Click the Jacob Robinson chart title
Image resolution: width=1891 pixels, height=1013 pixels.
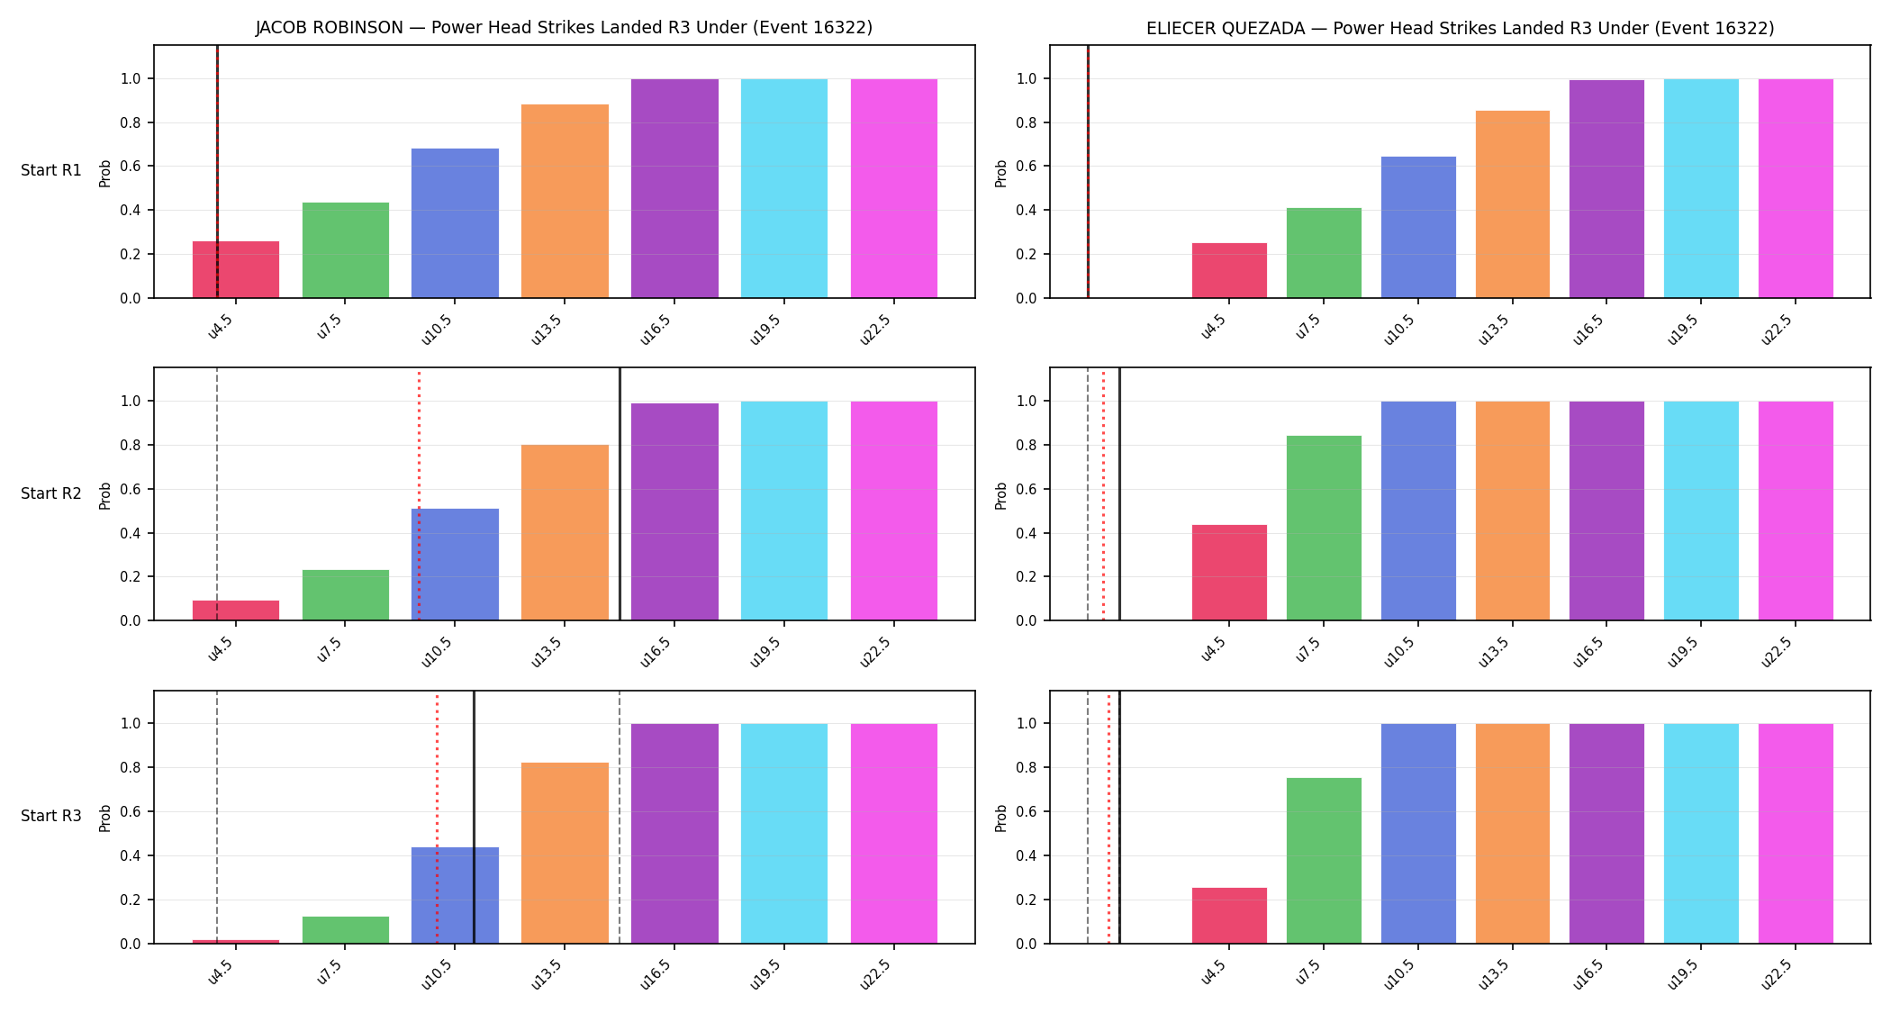point(564,28)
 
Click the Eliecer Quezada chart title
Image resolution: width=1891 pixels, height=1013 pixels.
point(1460,28)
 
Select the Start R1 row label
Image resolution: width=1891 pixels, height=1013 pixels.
point(51,170)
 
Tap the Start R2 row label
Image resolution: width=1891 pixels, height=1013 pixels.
point(51,493)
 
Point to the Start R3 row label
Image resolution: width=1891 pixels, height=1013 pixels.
point(51,816)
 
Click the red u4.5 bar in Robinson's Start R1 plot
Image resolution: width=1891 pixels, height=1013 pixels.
point(236,269)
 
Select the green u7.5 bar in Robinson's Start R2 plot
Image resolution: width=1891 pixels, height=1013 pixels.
point(346,595)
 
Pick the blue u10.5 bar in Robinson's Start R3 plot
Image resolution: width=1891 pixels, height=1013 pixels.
point(455,895)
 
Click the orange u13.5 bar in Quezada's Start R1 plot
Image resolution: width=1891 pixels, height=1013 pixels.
point(1513,204)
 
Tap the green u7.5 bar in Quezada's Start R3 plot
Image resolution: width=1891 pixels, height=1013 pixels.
point(1324,861)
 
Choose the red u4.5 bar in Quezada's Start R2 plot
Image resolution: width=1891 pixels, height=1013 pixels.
point(1229,573)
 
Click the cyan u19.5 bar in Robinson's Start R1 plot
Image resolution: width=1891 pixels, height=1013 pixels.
point(784,188)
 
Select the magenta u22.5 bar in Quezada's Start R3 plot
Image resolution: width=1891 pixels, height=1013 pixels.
point(1796,834)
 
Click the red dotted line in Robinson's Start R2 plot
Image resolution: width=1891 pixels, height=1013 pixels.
point(419,494)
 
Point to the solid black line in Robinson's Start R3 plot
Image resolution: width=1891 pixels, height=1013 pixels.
point(474,818)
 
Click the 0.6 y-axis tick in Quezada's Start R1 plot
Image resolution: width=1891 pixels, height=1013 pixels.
point(1027,167)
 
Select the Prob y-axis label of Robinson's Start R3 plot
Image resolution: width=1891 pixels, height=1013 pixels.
point(105,818)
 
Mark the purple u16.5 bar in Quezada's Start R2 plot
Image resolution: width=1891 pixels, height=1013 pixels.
point(1606,511)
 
